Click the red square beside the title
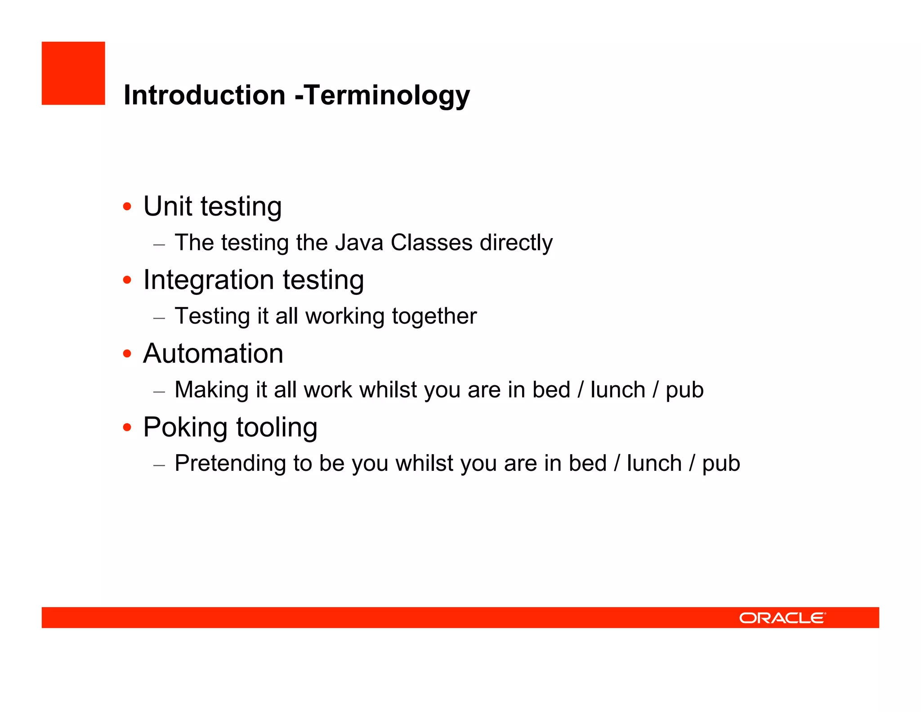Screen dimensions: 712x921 coord(73,73)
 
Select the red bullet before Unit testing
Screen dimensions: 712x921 coord(127,207)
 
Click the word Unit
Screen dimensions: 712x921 coord(168,206)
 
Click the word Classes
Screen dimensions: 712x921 coord(431,243)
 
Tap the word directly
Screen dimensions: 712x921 coord(516,243)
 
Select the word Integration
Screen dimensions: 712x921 coord(209,280)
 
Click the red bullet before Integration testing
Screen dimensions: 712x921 coord(127,280)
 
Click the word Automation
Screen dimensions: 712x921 coord(213,353)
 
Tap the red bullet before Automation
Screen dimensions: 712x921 coord(127,354)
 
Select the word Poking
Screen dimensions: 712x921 coord(185,428)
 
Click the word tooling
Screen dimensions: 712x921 coord(277,428)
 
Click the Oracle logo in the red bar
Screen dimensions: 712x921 coord(782,618)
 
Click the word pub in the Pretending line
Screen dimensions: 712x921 coord(721,464)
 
